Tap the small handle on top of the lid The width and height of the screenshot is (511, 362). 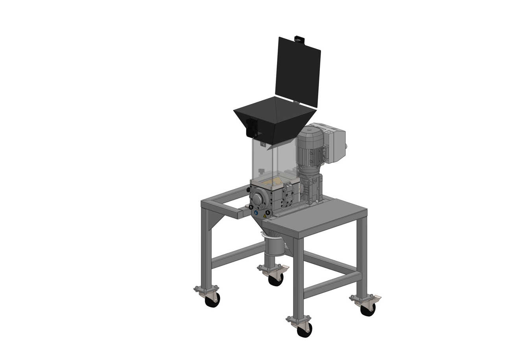pos(299,39)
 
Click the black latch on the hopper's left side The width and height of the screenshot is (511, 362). pos(251,126)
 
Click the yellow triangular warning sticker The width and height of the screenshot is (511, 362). pos(265,216)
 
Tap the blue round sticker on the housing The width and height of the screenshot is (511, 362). pos(256,213)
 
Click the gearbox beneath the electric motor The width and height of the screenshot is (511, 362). pos(310,185)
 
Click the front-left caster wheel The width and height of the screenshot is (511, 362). pos(212,300)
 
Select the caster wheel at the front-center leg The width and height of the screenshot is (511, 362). pos(304,330)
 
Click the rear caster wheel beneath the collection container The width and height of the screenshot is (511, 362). pos(276,279)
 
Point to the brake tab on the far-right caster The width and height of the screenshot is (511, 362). pos(377,297)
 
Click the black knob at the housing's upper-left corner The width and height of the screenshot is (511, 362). pos(248,190)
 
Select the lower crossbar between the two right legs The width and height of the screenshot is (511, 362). pos(332,284)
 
